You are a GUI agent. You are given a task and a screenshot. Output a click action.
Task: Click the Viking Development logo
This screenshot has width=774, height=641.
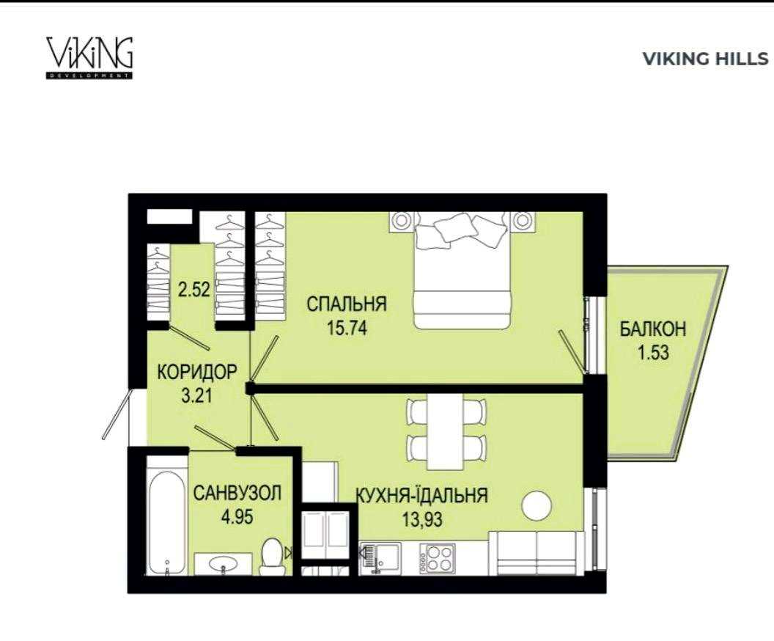pos(89,57)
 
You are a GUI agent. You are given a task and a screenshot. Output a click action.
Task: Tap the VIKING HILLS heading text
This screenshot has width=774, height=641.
pos(705,59)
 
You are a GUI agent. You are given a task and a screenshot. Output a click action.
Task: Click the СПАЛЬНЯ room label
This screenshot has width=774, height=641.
pos(347,304)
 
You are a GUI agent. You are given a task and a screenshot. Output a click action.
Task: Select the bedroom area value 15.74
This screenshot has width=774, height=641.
pos(347,327)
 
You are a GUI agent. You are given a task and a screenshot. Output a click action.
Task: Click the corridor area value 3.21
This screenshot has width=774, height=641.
pos(197,395)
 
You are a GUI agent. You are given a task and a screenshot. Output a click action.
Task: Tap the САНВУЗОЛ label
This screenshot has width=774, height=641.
pos(237,493)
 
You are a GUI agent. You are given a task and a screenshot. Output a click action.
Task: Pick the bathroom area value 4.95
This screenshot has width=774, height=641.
pos(237,516)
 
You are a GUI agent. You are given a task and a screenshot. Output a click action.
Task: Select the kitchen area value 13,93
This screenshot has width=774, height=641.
pos(422,519)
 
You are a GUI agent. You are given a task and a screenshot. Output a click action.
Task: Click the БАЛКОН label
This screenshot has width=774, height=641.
pos(653,329)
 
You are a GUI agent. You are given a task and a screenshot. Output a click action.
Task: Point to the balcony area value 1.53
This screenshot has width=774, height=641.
pos(653,353)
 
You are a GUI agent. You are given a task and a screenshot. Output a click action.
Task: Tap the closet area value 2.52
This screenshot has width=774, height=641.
pos(194,289)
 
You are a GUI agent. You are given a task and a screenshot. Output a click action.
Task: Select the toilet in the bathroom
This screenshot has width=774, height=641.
pos(271,556)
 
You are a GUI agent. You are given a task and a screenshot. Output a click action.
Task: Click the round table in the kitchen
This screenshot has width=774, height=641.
pos(537,506)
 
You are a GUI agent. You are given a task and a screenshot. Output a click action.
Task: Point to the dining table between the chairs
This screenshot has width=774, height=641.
pos(446,431)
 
